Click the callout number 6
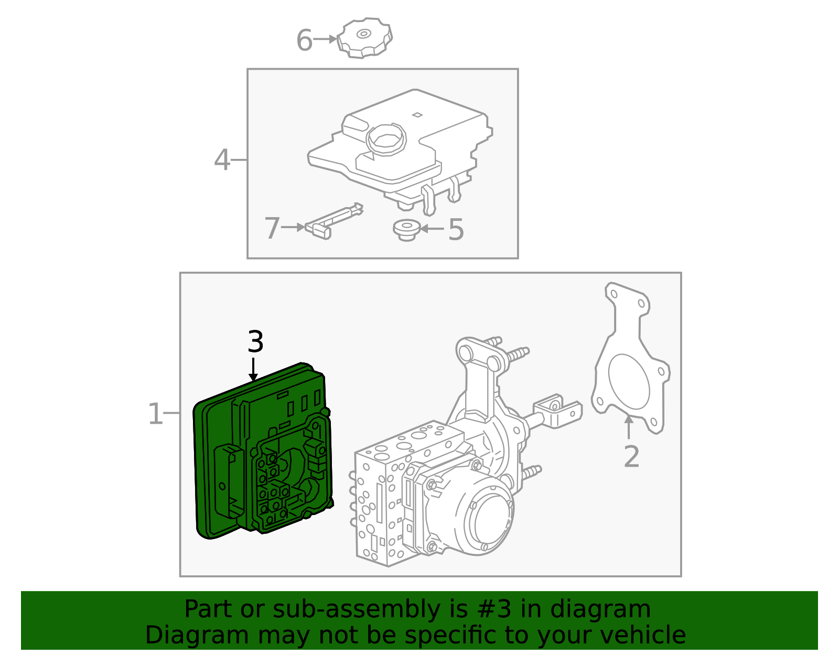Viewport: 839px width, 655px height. (304, 40)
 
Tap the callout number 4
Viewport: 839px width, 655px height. (222, 160)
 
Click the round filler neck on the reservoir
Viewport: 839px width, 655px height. (387, 139)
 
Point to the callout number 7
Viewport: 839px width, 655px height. (272, 229)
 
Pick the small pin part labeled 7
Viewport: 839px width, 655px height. (334, 220)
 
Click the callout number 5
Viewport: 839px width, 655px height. (456, 229)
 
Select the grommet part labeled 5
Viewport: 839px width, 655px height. (406, 230)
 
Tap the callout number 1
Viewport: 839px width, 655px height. (155, 414)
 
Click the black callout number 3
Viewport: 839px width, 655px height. (255, 342)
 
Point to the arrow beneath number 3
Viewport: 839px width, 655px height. (253, 369)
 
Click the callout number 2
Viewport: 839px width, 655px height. (631, 456)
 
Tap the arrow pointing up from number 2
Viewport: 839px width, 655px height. (629, 426)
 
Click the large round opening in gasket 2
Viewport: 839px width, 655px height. (629, 381)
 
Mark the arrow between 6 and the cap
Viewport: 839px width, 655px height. (325, 39)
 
